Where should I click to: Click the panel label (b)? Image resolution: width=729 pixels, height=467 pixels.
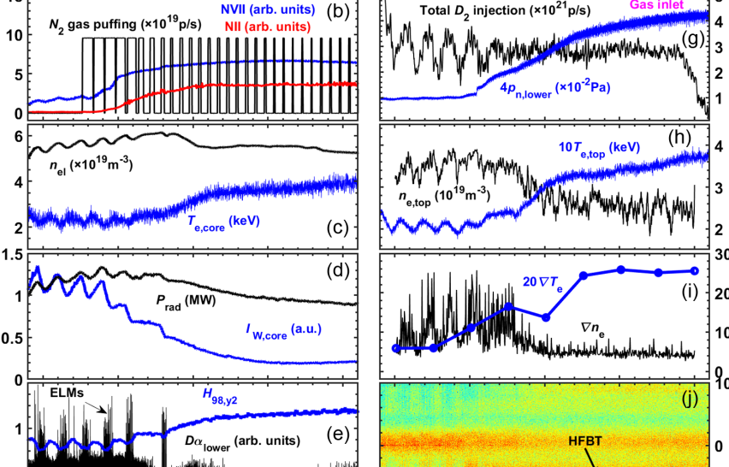point(338,14)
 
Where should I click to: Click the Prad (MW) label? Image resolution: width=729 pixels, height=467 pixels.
point(187,299)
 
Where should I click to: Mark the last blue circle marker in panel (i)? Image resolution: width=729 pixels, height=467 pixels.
point(694,271)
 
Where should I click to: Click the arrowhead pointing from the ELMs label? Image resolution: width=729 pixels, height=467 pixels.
point(107,413)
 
